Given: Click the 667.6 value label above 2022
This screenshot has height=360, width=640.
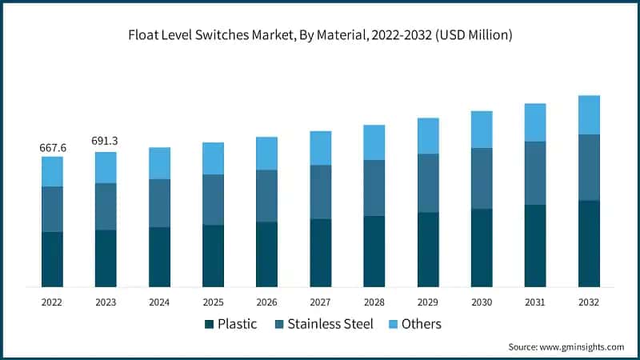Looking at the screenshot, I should click(52, 148).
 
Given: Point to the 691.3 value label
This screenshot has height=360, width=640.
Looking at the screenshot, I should click(106, 141).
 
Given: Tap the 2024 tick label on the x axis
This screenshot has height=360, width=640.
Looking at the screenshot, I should click(159, 302).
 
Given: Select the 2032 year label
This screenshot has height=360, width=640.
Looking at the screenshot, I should click(588, 302).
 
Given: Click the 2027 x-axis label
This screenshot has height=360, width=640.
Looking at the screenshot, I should click(320, 302).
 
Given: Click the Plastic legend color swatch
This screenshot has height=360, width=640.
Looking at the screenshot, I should click(210, 324).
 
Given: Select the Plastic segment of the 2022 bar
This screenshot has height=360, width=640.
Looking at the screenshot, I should click(52, 258).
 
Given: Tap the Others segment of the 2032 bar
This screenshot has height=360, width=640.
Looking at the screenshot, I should click(588, 114).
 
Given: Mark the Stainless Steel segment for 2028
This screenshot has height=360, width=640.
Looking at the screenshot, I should click(374, 187).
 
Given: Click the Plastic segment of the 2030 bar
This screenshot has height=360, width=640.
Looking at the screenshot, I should click(481, 247).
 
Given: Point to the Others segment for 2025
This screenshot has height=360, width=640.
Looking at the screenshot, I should click(213, 158).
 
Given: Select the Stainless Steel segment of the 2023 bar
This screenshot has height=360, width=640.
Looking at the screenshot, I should click(106, 206).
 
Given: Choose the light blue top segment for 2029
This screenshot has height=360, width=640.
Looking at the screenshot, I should click(427, 136).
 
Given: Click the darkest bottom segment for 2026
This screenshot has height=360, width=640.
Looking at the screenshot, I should click(266, 254).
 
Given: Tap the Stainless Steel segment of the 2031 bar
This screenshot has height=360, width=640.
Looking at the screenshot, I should click(534, 173).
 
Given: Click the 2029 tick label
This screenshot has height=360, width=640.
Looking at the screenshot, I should click(427, 302).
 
